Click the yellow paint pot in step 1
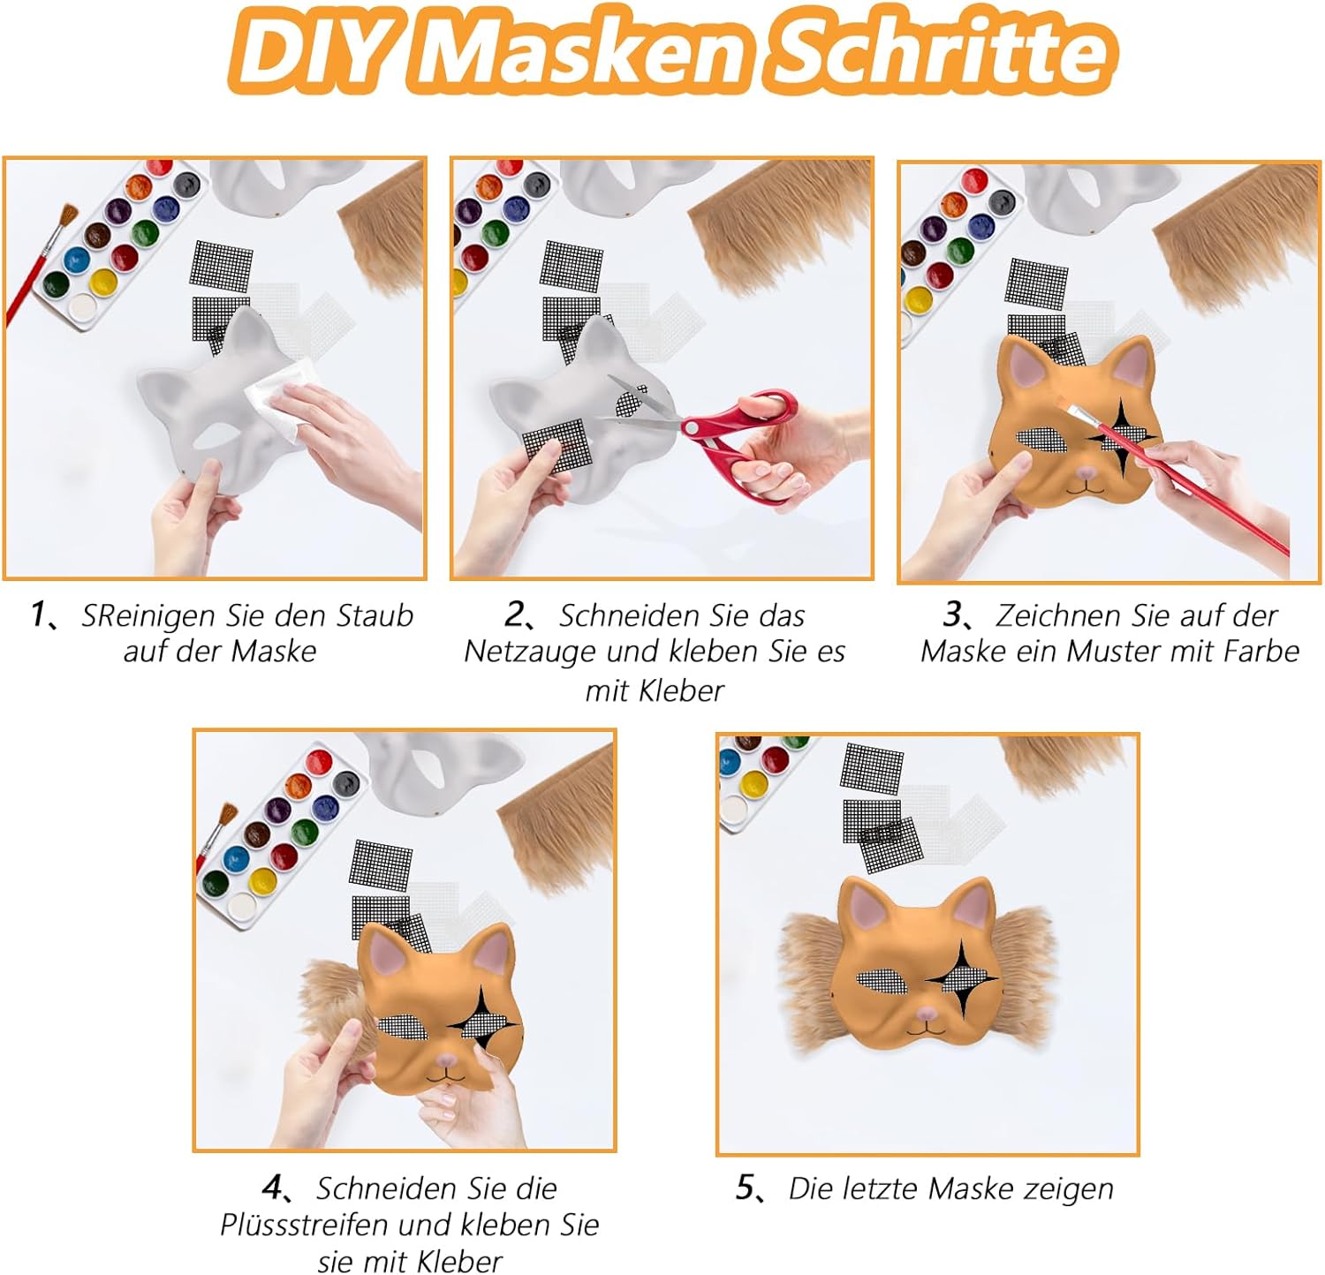pos(103,283)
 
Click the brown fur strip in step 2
pos(782,231)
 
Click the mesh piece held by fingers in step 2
pos(555,443)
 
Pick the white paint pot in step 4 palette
pos(242,904)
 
